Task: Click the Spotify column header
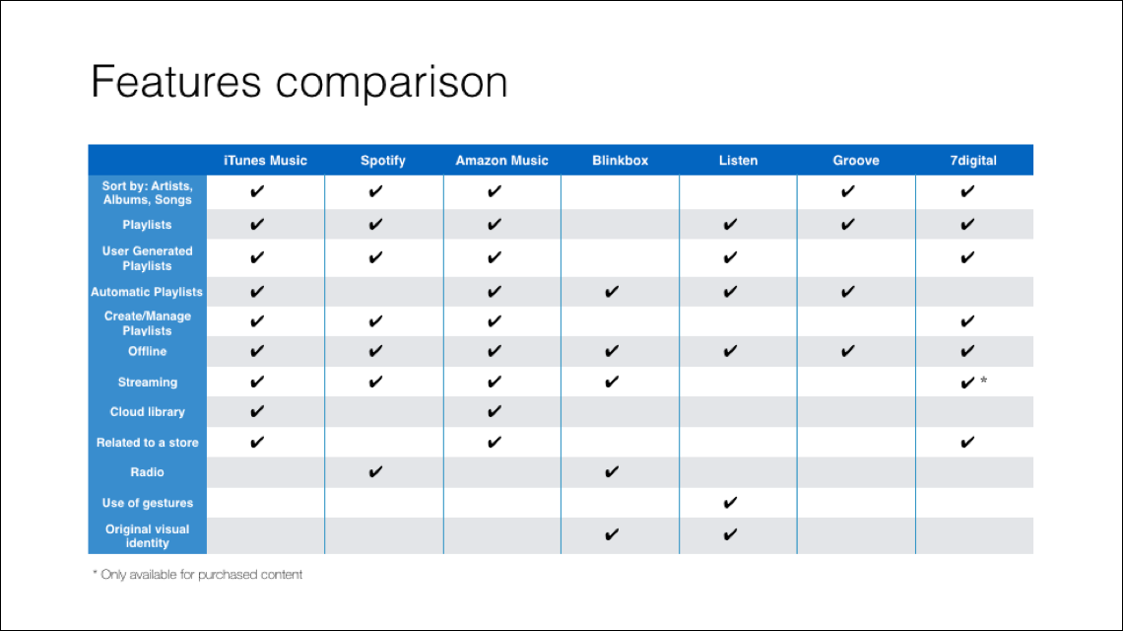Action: click(382, 161)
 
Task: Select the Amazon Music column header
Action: click(501, 161)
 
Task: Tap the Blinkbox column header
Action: click(620, 161)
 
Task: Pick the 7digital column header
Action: click(972, 161)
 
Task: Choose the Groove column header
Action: click(856, 161)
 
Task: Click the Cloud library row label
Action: click(148, 411)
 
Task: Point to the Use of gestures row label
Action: click(148, 503)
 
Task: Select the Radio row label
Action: click(148, 472)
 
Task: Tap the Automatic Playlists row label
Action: click(147, 292)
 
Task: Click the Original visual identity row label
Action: click(148, 535)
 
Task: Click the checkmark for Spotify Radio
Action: click(375, 472)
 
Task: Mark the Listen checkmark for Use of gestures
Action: click(730, 503)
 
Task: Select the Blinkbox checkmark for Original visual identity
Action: click(612, 534)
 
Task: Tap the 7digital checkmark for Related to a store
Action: click(967, 443)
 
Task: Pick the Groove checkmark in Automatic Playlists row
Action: click(848, 292)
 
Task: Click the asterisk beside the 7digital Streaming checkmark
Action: click(984, 380)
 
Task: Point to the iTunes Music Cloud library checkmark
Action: click(257, 411)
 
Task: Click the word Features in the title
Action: click(176, 81)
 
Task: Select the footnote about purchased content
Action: click(198, 575)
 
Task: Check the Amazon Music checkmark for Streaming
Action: click(495, 383)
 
